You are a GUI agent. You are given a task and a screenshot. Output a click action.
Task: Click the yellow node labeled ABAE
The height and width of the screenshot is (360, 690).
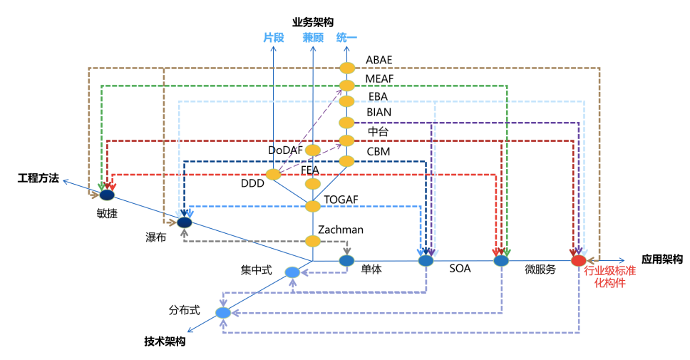click(x=346, y=68)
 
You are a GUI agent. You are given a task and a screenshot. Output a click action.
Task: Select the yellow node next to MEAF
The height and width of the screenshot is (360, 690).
click(x=346, y=86)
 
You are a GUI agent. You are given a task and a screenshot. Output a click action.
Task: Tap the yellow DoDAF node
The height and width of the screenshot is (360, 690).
click(x=313, y=150)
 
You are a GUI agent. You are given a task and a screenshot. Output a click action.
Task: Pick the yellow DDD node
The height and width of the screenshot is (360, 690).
click(x=273, y=175)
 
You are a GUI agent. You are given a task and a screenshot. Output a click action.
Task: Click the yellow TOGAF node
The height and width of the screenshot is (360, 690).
click(x=313, y=206)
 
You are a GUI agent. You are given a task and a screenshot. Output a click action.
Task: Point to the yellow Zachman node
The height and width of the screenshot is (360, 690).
click(x=313, y=241)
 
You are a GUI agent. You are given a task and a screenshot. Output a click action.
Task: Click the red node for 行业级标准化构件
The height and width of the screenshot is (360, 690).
click(x=579, y=261)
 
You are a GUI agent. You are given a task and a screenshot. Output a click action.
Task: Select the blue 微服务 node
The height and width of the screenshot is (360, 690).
click(x=502, y=261)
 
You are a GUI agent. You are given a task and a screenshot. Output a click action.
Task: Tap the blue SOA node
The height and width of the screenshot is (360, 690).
click(x=426, y=261)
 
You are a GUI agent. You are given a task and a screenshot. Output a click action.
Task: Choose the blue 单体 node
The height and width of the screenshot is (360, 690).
click(x=346, y=261)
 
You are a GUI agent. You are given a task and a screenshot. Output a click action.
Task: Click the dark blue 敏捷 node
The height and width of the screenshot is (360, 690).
click(x=107, y=195)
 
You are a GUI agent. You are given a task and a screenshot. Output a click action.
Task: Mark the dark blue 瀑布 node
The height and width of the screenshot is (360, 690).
click(x=185, y=222)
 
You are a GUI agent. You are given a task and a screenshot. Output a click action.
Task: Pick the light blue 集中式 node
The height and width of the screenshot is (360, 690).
click(x=292, y=272)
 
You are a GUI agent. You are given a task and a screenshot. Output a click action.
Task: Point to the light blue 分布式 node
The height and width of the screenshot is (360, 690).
click(x=223, y=312)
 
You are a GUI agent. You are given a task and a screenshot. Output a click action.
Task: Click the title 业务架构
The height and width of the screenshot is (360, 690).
click(x=313, y=22)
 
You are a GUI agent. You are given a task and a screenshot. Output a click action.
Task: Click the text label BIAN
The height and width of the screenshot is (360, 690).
click(x=379, y=113)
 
